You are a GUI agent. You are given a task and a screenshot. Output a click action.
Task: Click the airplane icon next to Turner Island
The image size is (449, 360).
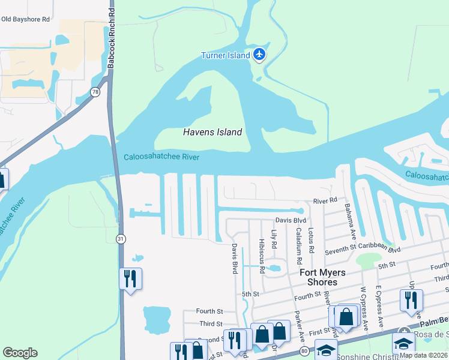(x=259, y=55)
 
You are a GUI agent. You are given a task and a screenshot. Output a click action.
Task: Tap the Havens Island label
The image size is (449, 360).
(x=212, y=132)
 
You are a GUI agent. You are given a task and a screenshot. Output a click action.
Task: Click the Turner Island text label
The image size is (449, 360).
(x=225, y=55)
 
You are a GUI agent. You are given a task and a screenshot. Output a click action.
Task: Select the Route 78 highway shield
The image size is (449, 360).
(x=95, y=92)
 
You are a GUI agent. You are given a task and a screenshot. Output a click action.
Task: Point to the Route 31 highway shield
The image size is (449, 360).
(x=121, y=239)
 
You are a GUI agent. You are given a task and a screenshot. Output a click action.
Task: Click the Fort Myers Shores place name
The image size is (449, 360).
(x=322, y=277)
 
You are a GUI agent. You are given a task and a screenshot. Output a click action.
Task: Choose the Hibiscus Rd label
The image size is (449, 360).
(x=262, y=256)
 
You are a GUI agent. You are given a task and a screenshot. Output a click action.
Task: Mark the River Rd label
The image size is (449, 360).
(x=325, y=201)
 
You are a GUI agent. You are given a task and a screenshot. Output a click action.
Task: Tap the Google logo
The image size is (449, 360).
(x=20, y=353)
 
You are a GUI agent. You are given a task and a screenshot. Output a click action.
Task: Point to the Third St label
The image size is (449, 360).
(x=211, y=323)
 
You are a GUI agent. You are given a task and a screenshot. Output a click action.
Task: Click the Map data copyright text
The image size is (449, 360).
(x=424, y=355)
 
